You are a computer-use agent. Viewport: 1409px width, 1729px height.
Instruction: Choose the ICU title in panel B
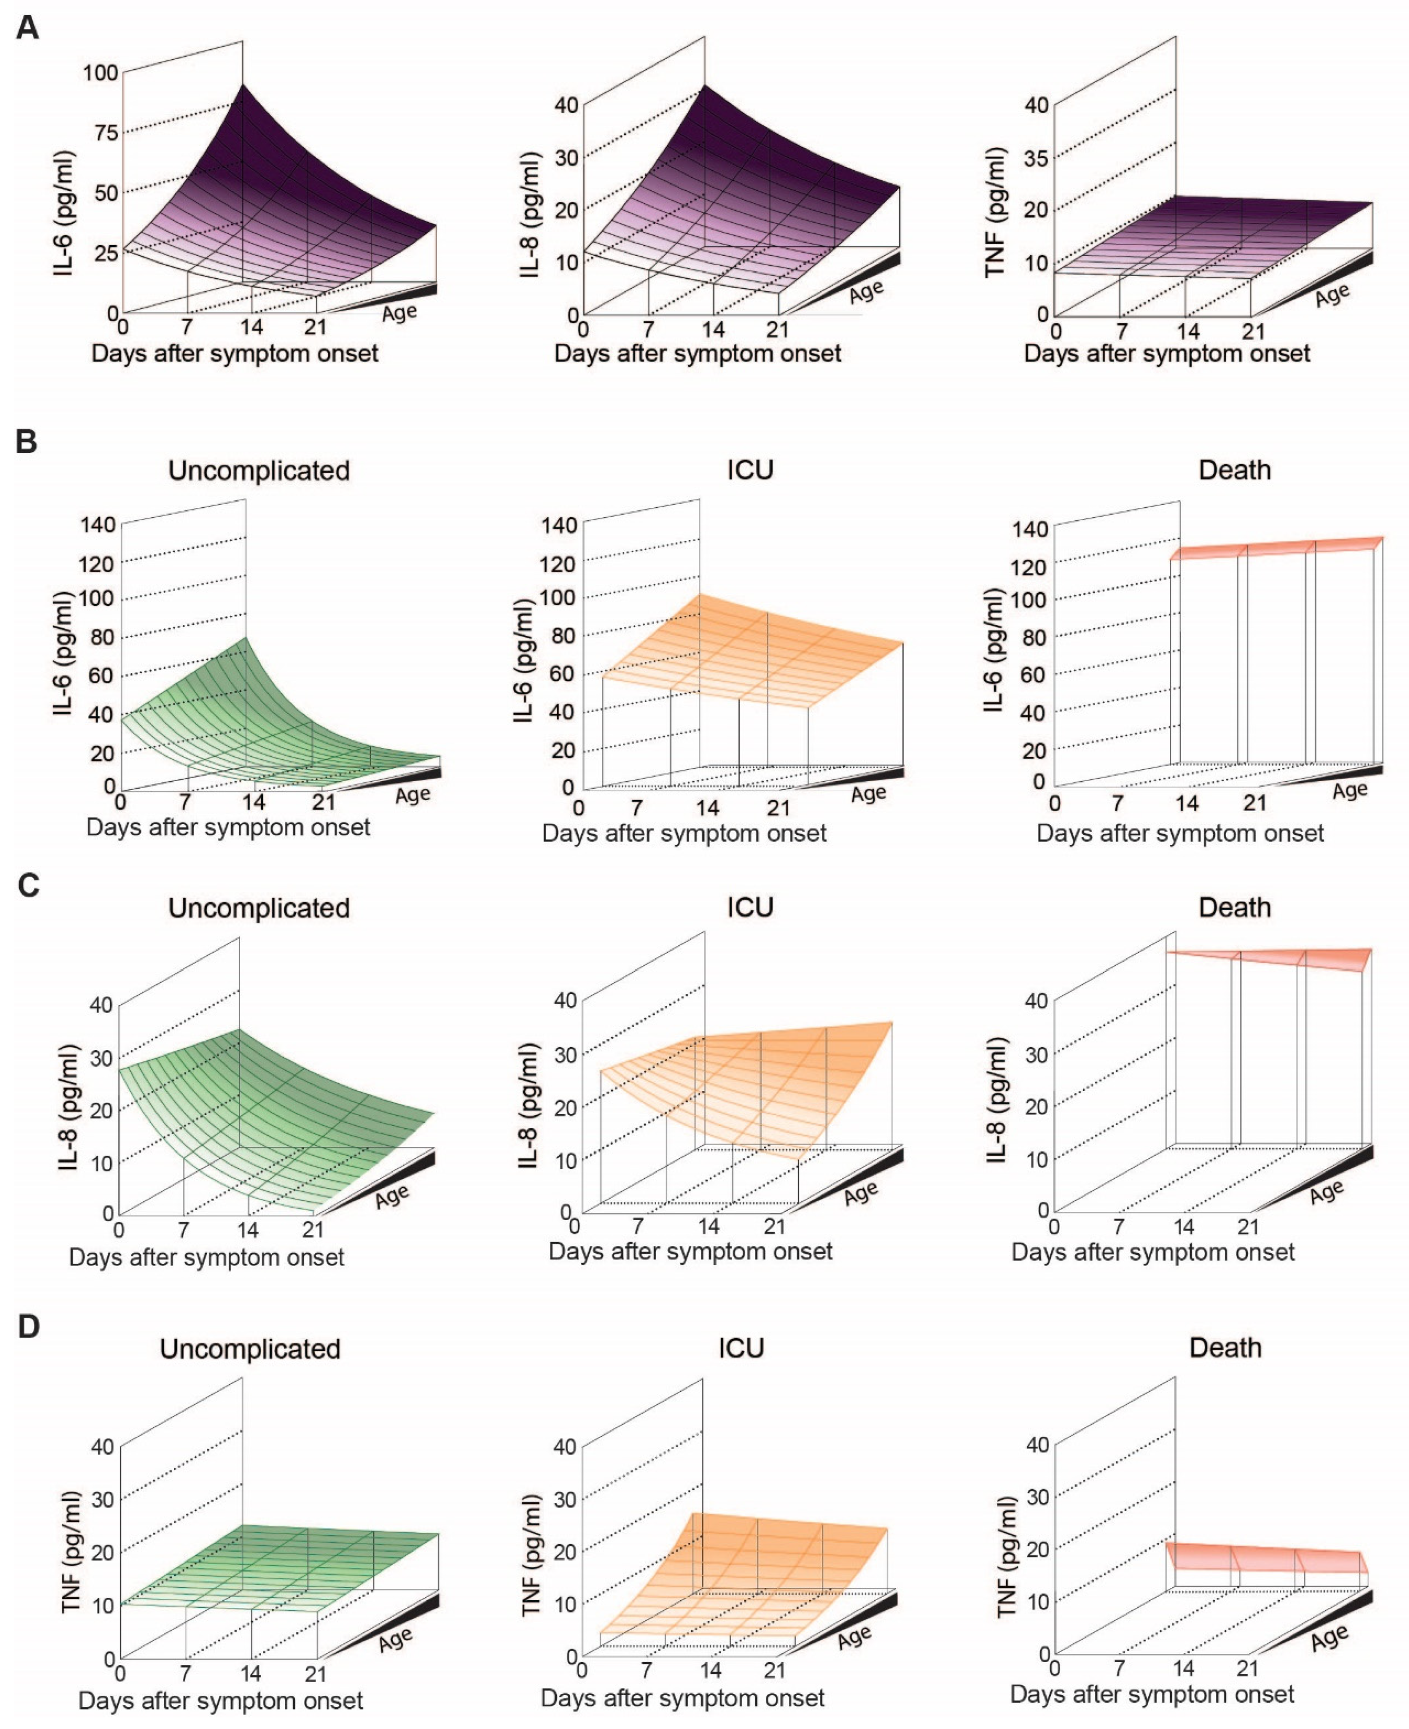pos(750,470)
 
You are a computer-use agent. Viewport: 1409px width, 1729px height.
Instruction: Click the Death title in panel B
pos(1234,470)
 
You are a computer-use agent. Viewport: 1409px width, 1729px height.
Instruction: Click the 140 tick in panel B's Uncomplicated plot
pos(98,525)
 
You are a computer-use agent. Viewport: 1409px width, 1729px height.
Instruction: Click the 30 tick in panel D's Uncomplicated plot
pos(102,1499)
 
